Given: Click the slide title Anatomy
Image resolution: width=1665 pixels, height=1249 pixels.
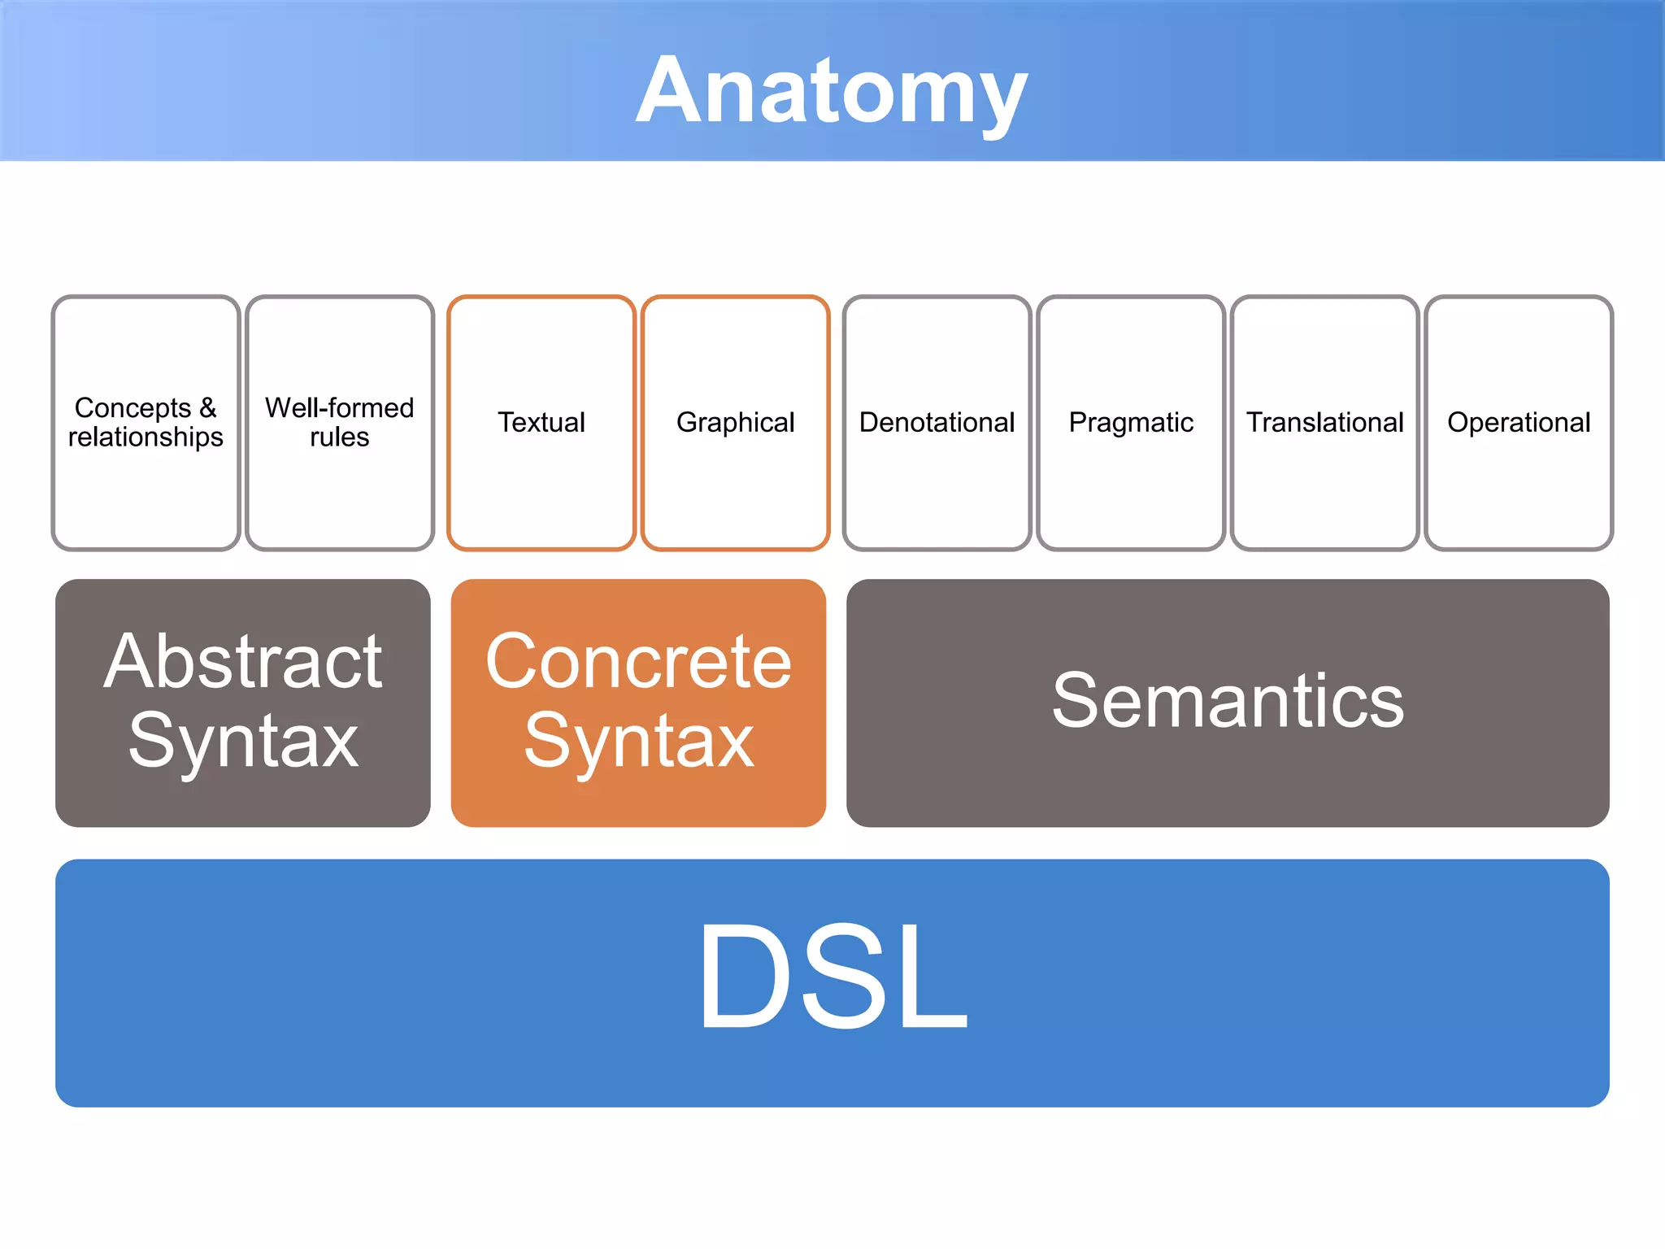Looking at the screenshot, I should tap(831, 91).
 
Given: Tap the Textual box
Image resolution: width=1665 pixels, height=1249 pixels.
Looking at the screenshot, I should tap(541, 423).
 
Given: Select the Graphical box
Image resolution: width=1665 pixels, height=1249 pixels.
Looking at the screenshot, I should tap(735, 423).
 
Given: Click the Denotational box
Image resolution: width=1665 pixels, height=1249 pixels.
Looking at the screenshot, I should tap(937, 423).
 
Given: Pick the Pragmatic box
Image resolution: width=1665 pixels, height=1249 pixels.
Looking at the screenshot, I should tap(1130, 423).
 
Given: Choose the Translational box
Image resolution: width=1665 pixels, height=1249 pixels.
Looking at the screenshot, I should tap(1324, 423).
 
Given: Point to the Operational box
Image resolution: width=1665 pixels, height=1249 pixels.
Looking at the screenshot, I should tap(1518, 423).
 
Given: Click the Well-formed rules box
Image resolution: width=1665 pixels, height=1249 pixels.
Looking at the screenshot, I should tap(339, 422).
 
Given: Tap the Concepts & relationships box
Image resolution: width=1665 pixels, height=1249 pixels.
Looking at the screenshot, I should tap(146, 422).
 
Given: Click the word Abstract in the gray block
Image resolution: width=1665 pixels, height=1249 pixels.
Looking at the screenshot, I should tap(242, 662).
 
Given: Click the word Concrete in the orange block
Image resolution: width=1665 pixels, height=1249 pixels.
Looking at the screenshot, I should tap(638, 662).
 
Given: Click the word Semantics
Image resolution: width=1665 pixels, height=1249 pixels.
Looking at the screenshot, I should tap(1228, 701).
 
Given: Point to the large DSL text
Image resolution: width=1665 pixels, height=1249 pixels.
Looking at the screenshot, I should tap(832, 976).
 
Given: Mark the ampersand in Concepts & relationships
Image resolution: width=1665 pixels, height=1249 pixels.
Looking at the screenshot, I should tap(207, 407).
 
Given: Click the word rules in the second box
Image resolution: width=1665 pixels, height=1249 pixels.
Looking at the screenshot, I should tap(339, 437).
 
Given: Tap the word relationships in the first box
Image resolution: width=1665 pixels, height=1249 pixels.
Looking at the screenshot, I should tap(146, 437).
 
